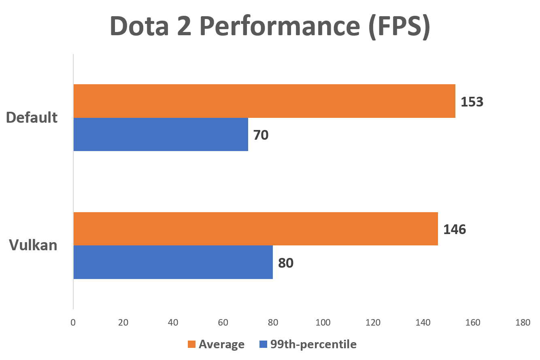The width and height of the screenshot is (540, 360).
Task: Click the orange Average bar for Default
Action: pos(264,101)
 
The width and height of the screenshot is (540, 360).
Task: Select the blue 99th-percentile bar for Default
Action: pos(161,134)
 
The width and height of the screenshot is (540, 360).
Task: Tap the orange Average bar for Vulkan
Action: pos(255,229)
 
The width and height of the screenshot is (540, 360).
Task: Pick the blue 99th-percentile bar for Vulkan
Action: pos(173,262)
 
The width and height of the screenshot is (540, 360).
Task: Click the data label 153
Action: pos(472,102)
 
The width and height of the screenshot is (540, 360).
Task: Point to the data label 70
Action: pos(261,135)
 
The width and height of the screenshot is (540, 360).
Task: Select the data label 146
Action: pos(455,230)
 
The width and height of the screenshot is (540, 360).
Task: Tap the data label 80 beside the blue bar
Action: pos(285,263)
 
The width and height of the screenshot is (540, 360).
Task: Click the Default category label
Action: pos(32,117)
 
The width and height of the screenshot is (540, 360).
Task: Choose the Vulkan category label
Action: pos(33,245)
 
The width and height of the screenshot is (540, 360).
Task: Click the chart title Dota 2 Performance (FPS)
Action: pos(270,27)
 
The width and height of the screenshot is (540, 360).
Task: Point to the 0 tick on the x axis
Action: pos(73,323)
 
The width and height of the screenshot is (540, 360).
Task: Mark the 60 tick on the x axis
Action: pos(223,323)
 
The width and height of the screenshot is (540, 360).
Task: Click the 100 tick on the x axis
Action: pos(323,323)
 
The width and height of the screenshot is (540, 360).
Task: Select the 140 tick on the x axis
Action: pos(423,323)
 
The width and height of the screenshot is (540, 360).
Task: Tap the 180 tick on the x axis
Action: pos(523,323)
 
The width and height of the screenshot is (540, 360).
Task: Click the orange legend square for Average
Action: pos(191,345)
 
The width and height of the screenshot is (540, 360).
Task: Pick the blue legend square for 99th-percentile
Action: pos(263,345)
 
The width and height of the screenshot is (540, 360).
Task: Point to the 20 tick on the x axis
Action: pos(123,323)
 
